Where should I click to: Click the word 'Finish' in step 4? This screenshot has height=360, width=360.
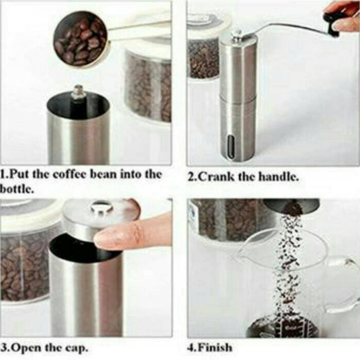coord(215,347)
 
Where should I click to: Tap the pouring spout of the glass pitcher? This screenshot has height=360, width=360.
coord(244,249)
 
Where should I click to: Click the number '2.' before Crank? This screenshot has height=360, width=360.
coord(192,177)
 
